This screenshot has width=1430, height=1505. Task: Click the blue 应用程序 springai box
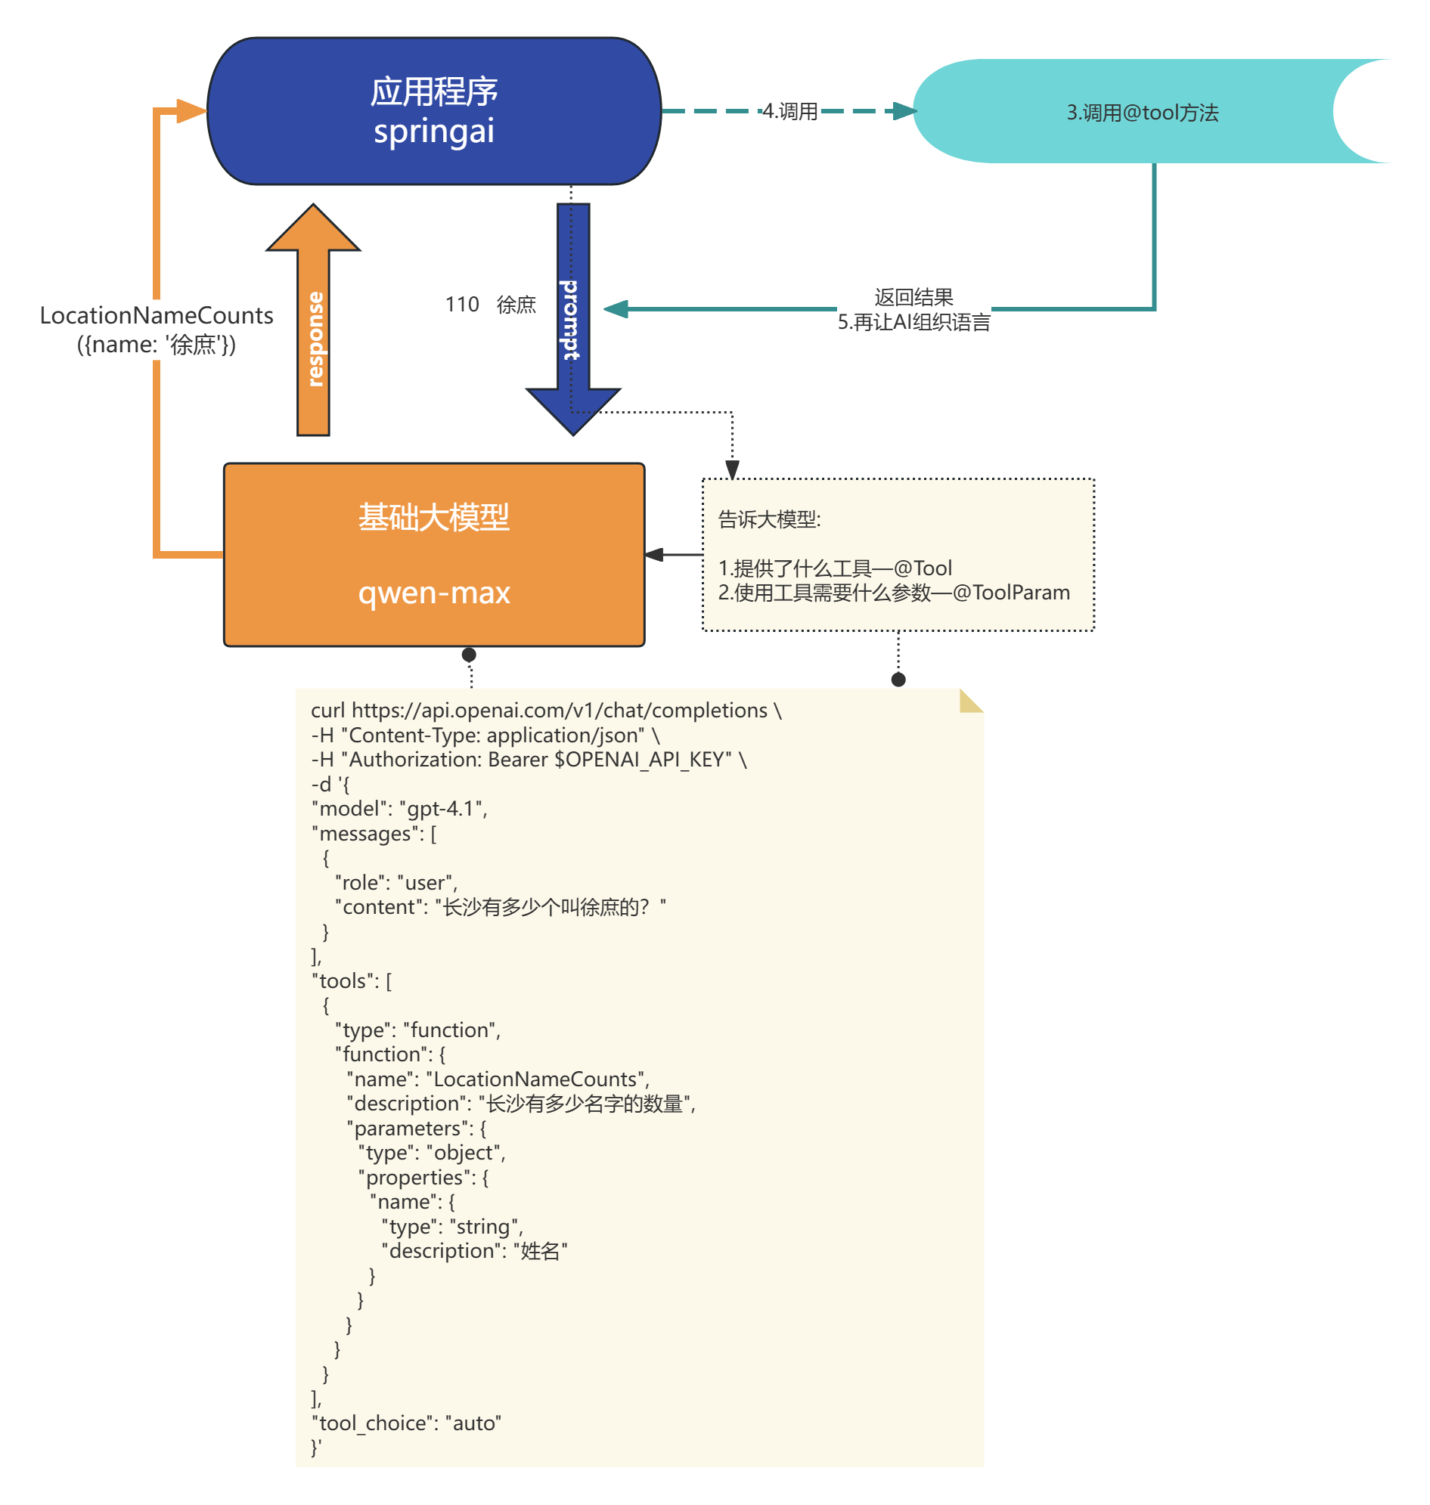434,111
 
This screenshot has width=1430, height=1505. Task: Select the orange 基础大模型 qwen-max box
434,554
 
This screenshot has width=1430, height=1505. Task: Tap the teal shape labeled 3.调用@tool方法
1141,112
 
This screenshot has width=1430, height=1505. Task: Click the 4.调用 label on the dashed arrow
790,111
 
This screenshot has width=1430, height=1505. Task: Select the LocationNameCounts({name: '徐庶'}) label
157,329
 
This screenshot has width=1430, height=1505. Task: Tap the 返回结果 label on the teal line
914,297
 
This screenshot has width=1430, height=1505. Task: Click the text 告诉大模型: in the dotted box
769,520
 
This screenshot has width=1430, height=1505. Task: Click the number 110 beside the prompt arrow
462,305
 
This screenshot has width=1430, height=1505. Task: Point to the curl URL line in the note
546,711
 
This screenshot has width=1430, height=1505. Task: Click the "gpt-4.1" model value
442,809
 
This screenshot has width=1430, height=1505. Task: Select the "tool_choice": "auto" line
406,1423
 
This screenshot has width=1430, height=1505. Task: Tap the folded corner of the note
970,700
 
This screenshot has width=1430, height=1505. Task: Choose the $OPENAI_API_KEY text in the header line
643,760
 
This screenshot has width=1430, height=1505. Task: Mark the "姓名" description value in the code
541,1251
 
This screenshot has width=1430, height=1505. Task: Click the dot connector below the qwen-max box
470,655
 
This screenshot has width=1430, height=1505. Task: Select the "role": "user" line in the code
395,882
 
